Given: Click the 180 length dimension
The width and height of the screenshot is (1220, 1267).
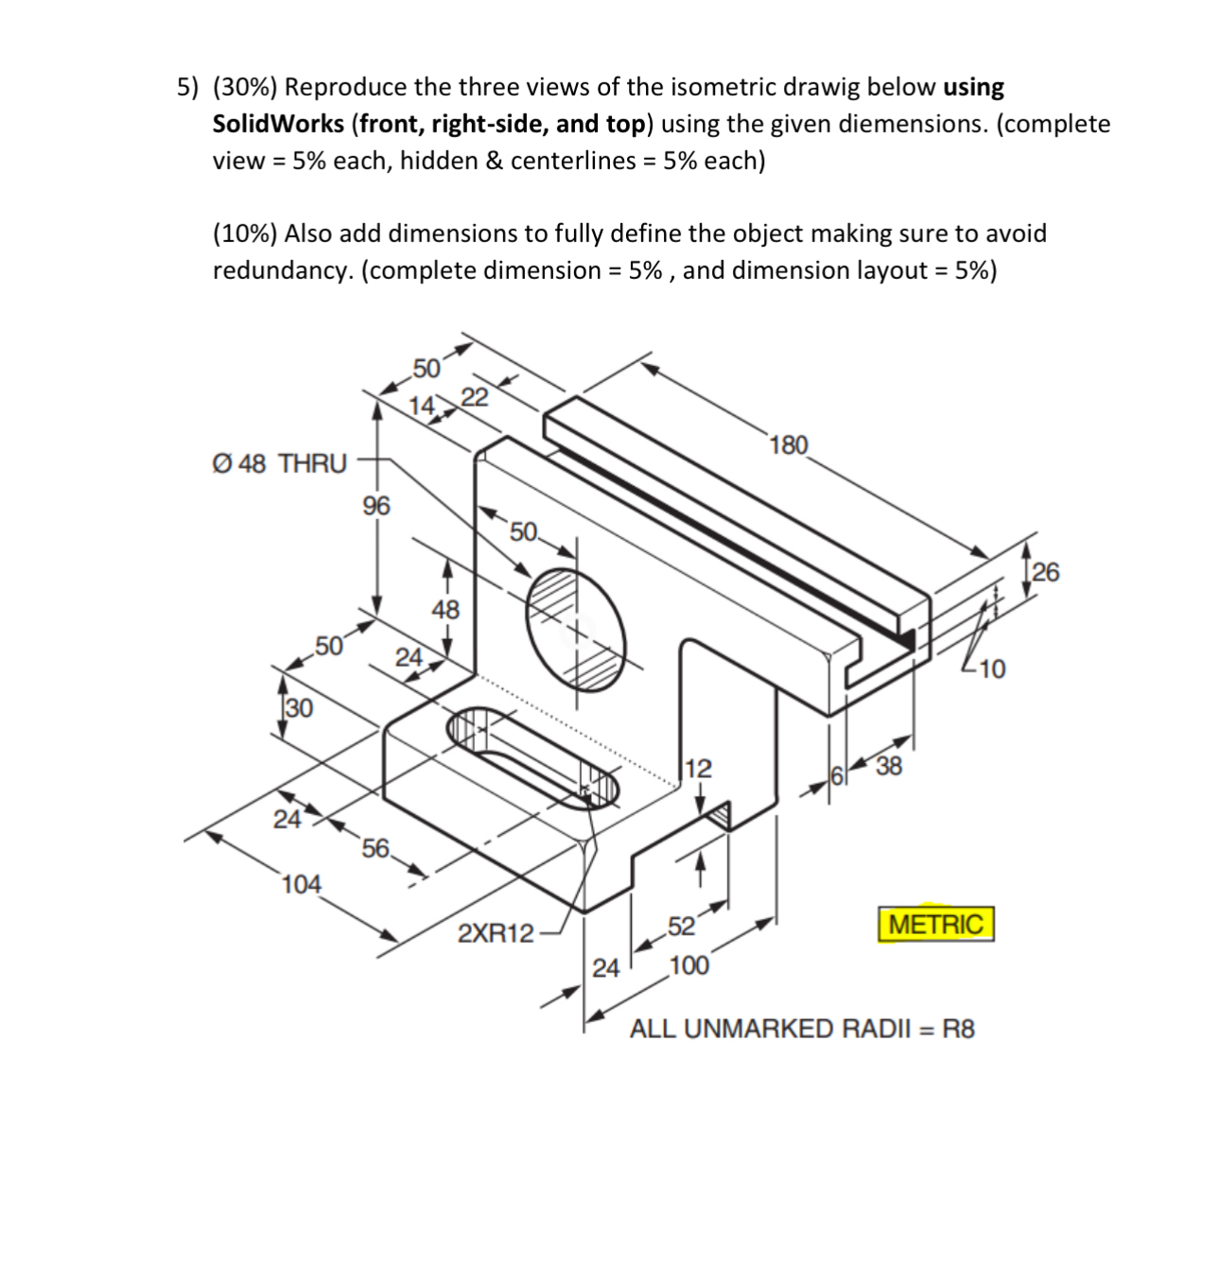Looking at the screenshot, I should coord(789,444).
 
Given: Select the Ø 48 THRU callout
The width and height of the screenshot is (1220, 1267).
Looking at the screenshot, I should coord(280,463).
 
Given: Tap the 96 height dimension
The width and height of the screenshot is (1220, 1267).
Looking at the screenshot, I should coord(375,506).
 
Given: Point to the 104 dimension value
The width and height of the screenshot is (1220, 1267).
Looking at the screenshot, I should coord(302,884).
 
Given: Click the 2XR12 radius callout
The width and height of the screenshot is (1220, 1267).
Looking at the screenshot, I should coord(496,933).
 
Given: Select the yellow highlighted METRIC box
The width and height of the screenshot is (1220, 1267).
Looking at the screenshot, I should coord(936,924).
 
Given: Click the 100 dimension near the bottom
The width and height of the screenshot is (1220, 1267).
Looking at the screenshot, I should coord(688,965).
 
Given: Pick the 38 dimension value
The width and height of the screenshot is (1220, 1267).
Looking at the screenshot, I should coord(889,766).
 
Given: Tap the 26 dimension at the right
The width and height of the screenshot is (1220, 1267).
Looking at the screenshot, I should coord(1046,572).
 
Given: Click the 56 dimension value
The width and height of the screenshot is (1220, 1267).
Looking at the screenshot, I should coord(375,848).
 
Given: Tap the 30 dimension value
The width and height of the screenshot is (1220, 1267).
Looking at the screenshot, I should coord(299,707).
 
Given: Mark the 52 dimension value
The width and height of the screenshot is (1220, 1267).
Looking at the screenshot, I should coord(681,926).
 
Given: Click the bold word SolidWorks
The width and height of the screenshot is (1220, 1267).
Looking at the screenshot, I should coord(278,124).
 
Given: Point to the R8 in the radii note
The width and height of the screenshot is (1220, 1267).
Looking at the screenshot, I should coord(957,1029).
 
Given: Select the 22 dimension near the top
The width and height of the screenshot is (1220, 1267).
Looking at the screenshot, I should coord(475,397).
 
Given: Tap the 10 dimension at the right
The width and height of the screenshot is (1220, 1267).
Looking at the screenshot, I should coord(992,669).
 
